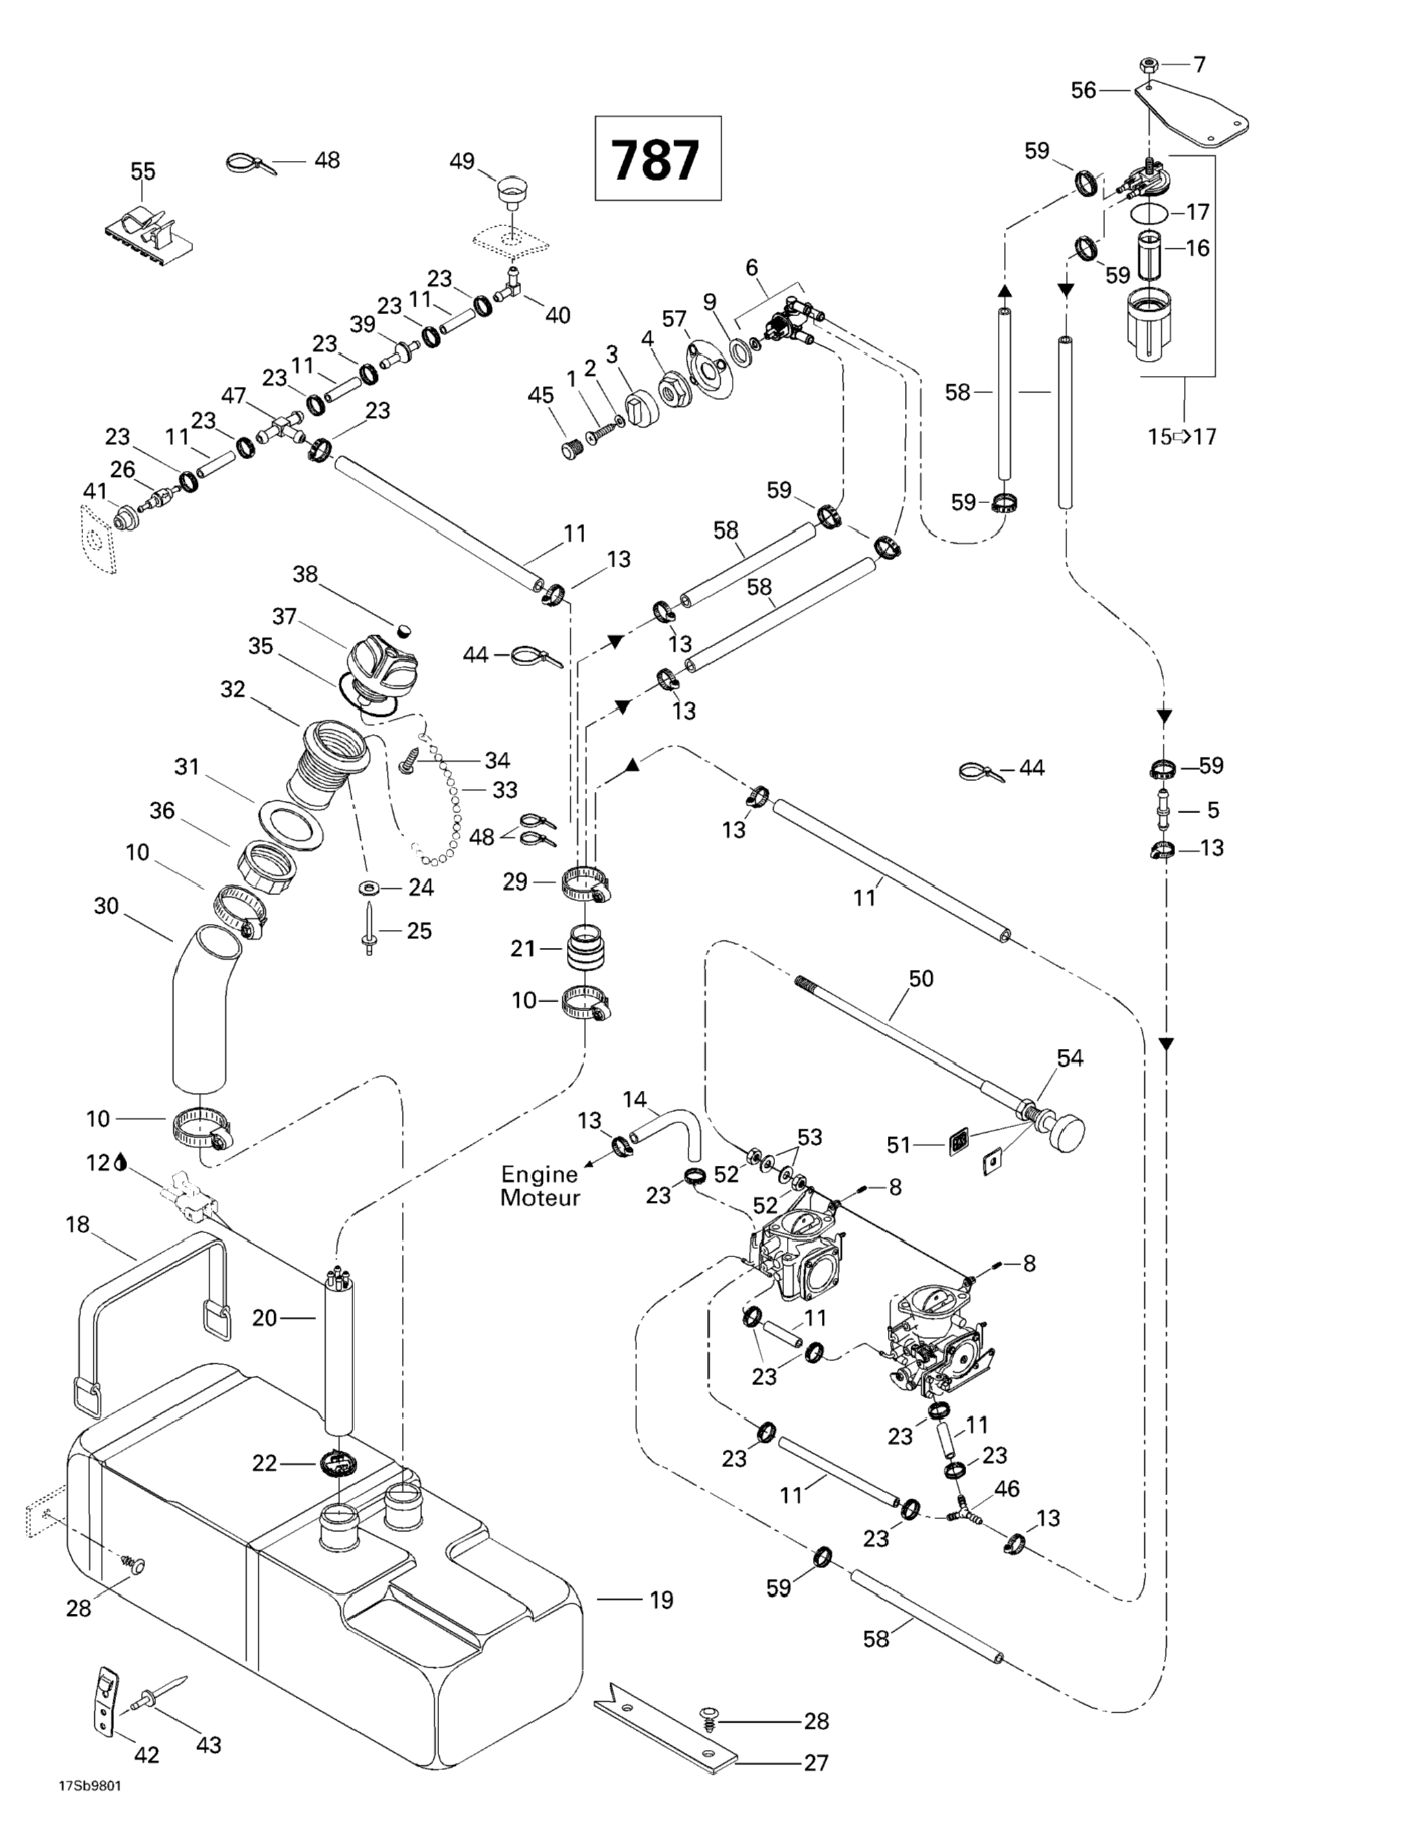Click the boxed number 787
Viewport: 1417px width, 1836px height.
click(657, 159)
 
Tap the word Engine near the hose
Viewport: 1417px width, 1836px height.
click(539, 1175)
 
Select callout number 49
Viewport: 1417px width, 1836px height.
click(461, 162)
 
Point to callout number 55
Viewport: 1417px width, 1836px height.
click(142, 171)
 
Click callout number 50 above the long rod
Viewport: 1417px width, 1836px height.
click(921, 979)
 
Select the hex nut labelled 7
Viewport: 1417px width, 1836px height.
click(1149, 65)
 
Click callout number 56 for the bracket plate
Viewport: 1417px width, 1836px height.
click(1083, 90)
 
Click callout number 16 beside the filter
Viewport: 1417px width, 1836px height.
click(1197, 248)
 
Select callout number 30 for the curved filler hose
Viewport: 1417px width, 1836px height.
click(106, 906)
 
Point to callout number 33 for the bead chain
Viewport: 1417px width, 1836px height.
click(505, 790)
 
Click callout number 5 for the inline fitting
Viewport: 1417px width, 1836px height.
click(1212, 810)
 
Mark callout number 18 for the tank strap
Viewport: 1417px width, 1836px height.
click(78, 1225)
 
